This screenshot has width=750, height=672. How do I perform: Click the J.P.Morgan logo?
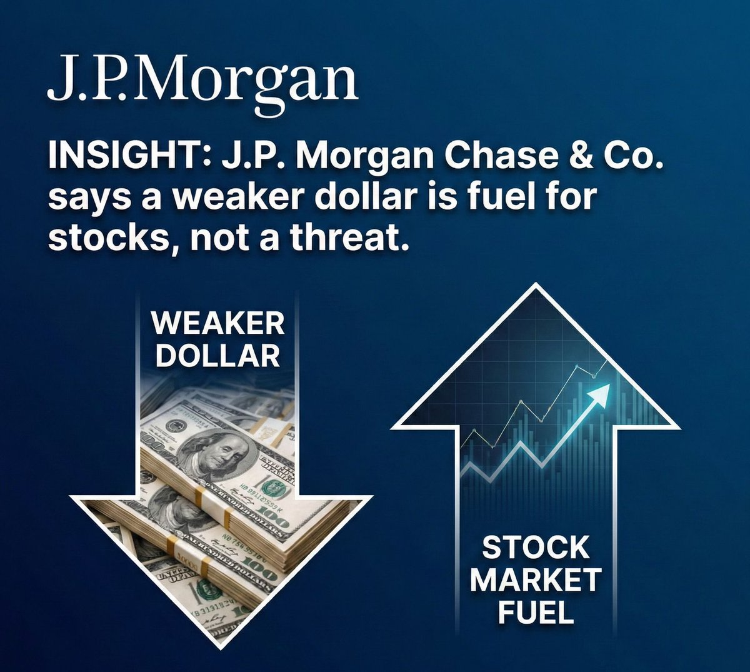point(202,81)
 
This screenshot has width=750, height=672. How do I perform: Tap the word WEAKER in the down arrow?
point(217,323)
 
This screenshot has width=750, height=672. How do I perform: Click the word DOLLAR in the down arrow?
point(217,356)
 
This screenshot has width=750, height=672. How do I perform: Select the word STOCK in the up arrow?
point(536,548)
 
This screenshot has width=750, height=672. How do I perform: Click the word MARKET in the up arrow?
point(536,580)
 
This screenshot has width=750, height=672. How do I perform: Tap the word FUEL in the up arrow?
point(536,612)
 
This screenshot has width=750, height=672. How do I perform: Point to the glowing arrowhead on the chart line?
point(601,393)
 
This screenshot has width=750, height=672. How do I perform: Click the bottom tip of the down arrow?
point(222,648)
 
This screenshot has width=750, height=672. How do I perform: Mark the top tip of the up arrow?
point(536,285)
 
